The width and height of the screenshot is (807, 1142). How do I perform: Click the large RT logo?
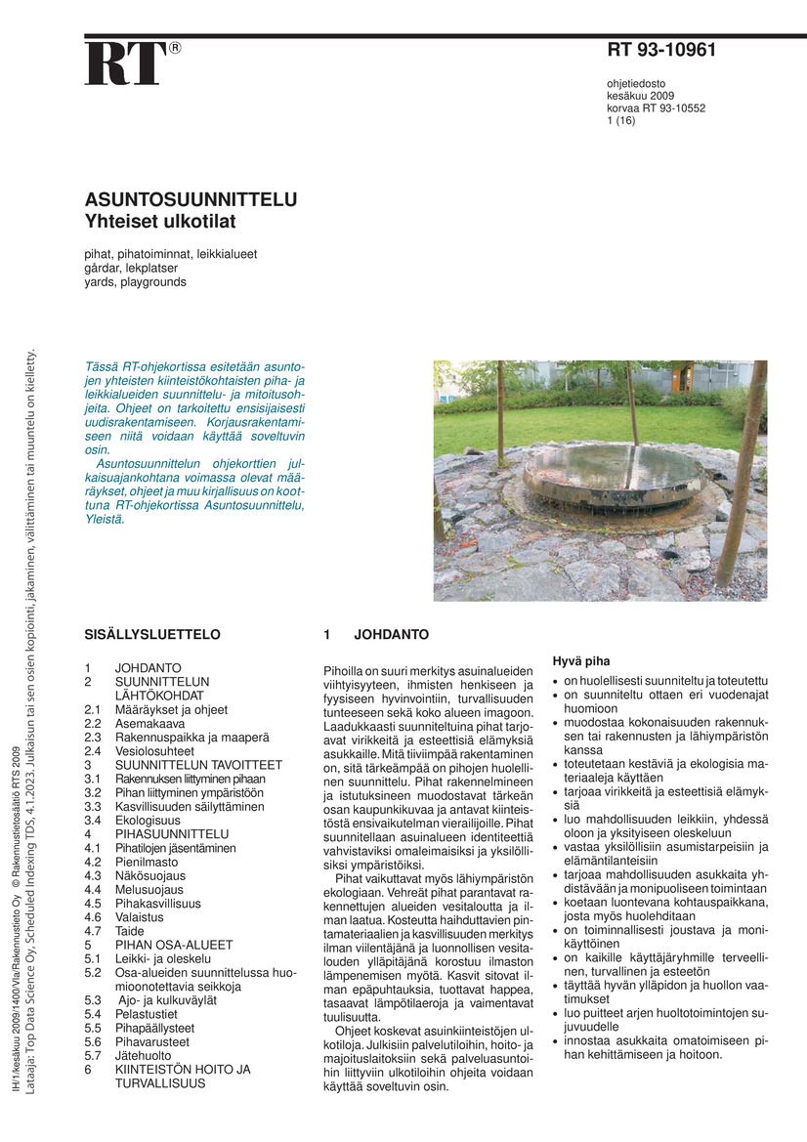click(x=125, y=63)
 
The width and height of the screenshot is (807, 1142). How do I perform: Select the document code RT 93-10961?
click(x=661, y=51)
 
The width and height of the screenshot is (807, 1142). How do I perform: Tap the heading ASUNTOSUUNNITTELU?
click(x=191, y=200)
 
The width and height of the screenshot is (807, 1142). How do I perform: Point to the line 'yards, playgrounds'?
click(x=135, y=281)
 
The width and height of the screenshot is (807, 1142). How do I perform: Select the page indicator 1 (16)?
click(x=621, y=121)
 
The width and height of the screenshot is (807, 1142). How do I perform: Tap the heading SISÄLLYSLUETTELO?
click(x=152, y=634)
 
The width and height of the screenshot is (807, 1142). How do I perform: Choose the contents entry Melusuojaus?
click(x=149, y=890)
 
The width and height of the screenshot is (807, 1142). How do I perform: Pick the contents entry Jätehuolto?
click(x=146, y=1055)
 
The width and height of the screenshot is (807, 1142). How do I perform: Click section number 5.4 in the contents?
click(x=93, y=1014)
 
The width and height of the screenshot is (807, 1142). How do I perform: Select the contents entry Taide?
click(x=129, y=931)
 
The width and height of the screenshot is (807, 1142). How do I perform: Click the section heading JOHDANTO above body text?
click(x=391, y=634)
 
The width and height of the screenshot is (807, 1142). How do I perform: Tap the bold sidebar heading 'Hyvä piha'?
click(x=581, y=660)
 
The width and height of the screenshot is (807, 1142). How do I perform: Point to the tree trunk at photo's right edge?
click(x=746, y=469)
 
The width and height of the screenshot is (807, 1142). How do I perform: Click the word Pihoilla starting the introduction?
click(x=344, y=670)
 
